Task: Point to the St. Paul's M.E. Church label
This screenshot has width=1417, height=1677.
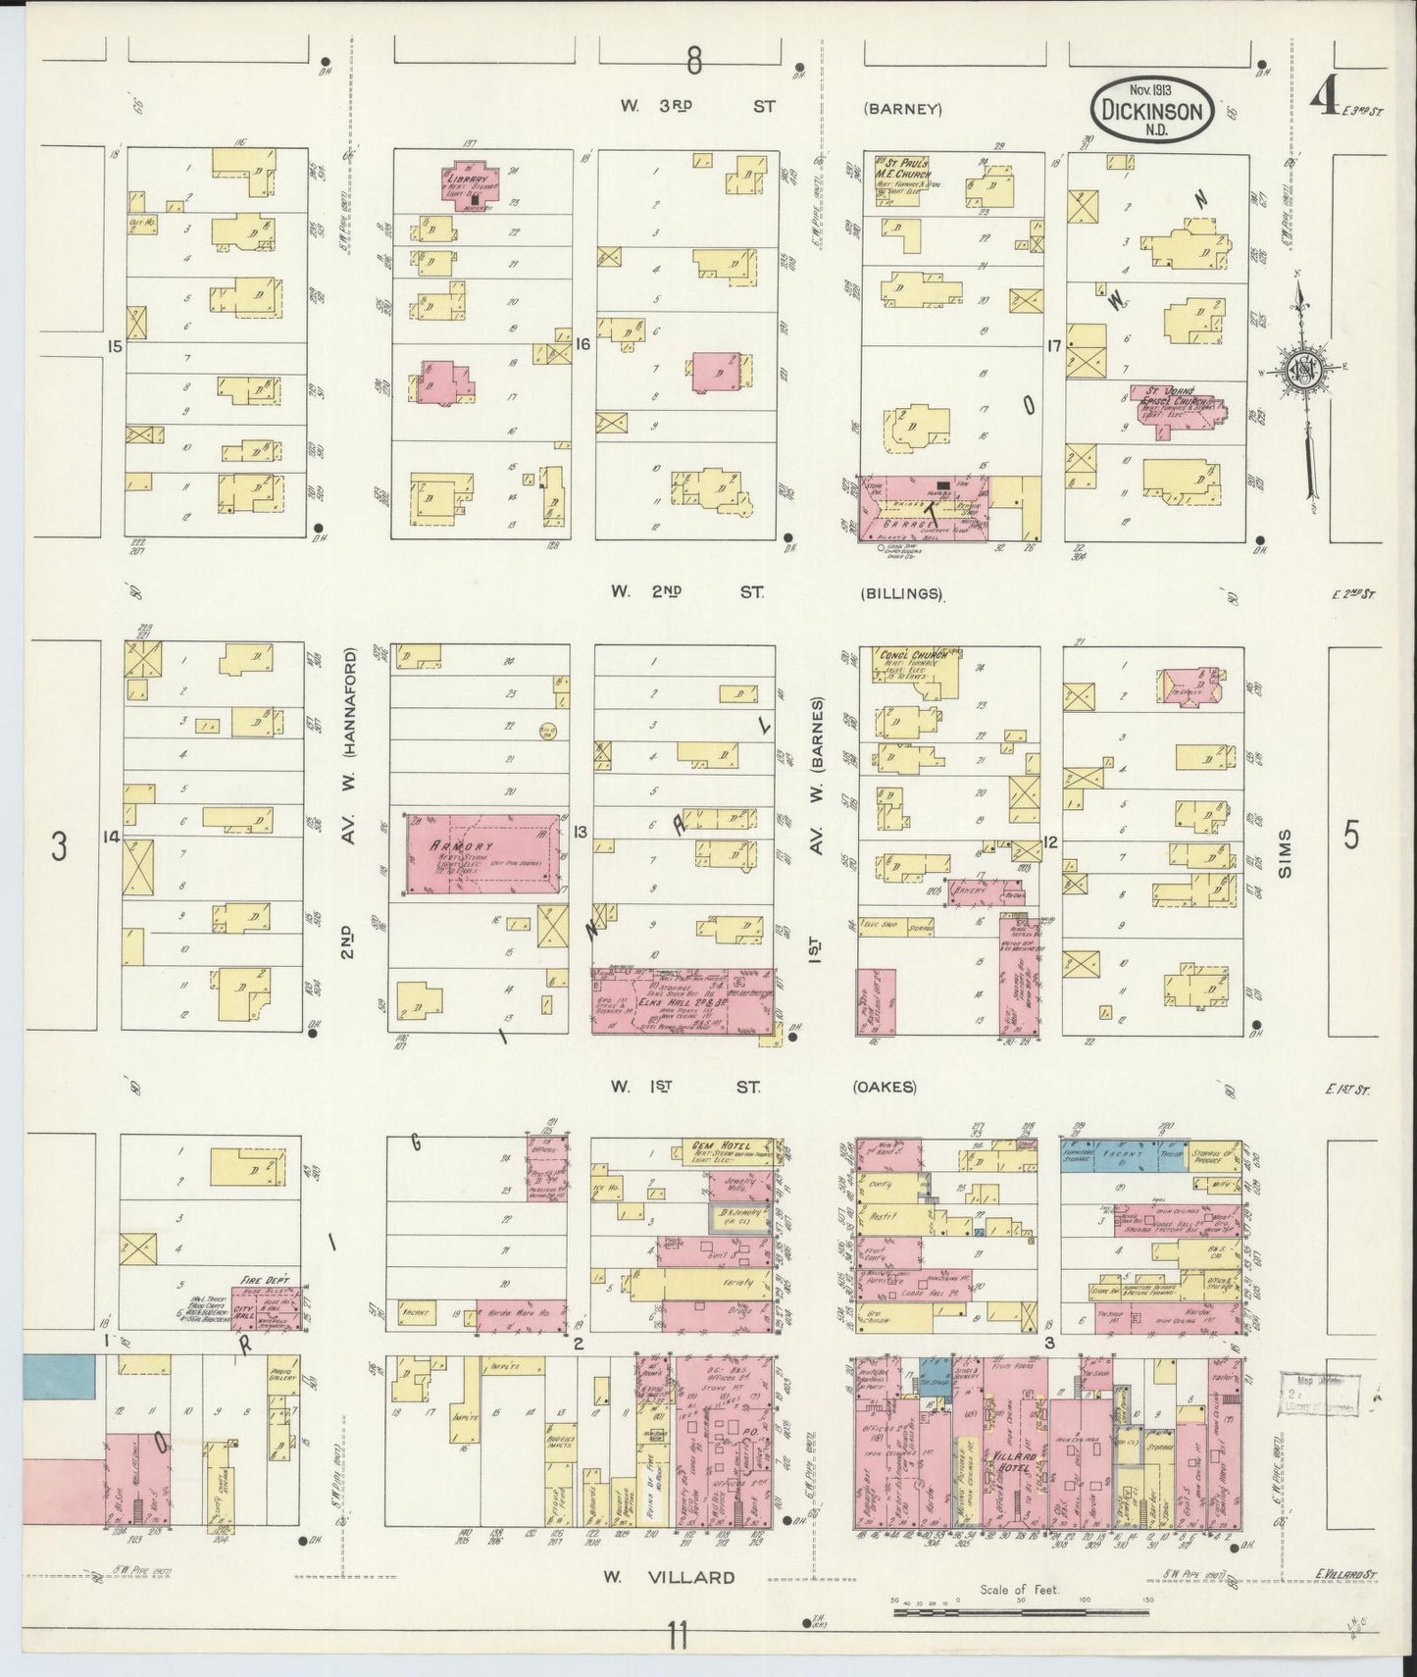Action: (x=904, y=169)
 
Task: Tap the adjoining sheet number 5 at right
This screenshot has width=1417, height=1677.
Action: (x=1352, y=838)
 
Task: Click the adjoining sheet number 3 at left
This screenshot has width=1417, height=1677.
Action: (x=60, y=845)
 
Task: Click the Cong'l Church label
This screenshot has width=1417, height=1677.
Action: (x=907, y=655)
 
